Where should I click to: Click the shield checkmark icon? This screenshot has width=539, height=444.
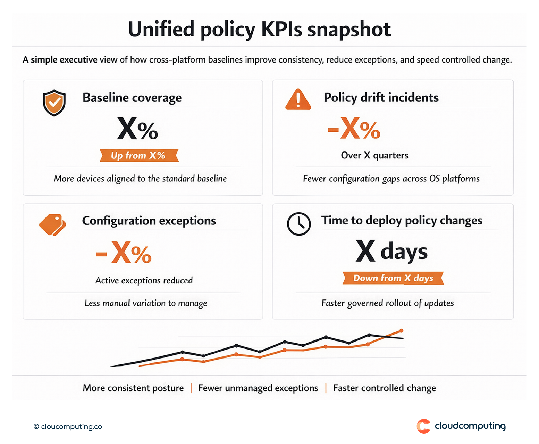pyautogui.click(x=54, y=102)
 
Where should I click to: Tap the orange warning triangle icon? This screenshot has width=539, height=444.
pyautogui.click(x=298, y=100)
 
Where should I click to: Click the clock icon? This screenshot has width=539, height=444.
pyautogui.click(x=298, y=224)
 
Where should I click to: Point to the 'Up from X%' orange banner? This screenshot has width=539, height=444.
pyautogui.click(x=139, y=155)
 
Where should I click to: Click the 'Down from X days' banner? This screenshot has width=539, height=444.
pyautogui.click(x=393, y=278)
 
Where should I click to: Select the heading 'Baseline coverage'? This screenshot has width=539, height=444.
pyautogui.click(x=132, y=98)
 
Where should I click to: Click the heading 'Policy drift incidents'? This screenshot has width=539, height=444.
pyautogui.click(x=381, y=98)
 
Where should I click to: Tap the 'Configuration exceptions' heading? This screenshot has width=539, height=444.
pyautogui.click(x=149, y=221)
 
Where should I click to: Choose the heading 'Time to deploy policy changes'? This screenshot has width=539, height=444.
pyautogui.click(x=402, y=220)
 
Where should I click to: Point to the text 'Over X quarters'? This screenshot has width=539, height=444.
pyautogui.click(x=374, y=155)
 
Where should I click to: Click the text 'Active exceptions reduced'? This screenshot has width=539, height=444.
pyautogui.click(x=144, y=280)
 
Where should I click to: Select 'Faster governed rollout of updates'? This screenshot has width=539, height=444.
pyautogui.click(x=387, y=303)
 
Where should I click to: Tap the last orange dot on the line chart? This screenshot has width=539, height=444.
pyautogui.click(x=401, y=331)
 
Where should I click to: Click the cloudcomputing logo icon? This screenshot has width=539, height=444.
pyautogui.click(x=423, y=426)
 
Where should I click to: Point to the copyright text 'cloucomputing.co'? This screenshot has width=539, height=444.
pyautogui.click(x=71, y=427)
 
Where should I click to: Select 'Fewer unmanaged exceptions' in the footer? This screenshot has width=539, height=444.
pyautogui.click(x=258, y=388)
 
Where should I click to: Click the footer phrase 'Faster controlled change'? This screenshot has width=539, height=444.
pyautogui.click(x=384, y=388)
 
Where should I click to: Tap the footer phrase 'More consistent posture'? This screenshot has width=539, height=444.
pyautogui.click(x=133, y=388)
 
